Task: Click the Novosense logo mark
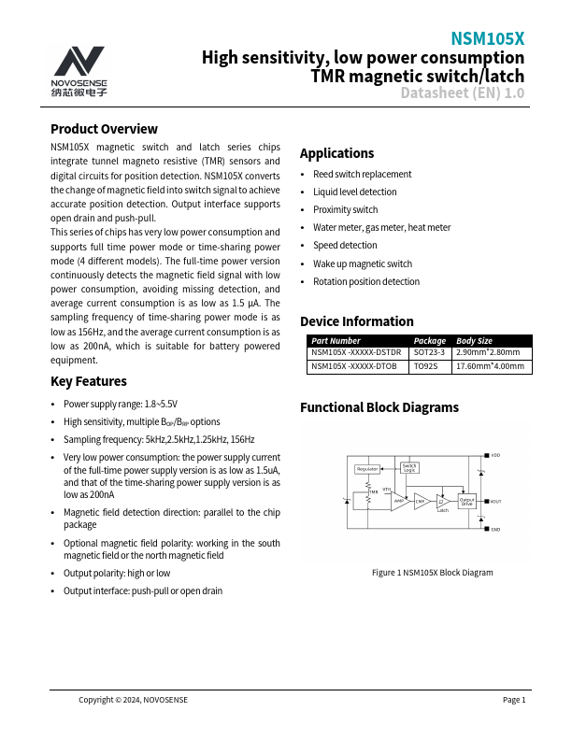click(x=79, y=62)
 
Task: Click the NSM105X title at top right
click(x=488, y=39)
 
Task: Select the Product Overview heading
click(x=104, y=129)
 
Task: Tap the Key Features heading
click(x=89, y=381)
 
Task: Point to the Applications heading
click(x=336, y=153)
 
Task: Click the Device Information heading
click(x=356, y=321)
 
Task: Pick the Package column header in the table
click(x=430, y=341)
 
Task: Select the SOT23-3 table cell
click(x=430, y=353)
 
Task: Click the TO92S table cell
click(x=425, y=367)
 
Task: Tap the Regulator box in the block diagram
click(x=367, y=469)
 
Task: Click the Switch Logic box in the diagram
click(x=409, y=467)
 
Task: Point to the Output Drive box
click(x=466, y=502)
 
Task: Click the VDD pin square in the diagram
click(x=486, y=455)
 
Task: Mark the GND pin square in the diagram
click(x=486, y=530)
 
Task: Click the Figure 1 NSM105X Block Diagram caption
click(x=432, y=573)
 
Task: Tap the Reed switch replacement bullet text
click(x=362, y=175)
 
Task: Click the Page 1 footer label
click(x=514, y=700)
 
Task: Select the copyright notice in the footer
click(x=133, y=700)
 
